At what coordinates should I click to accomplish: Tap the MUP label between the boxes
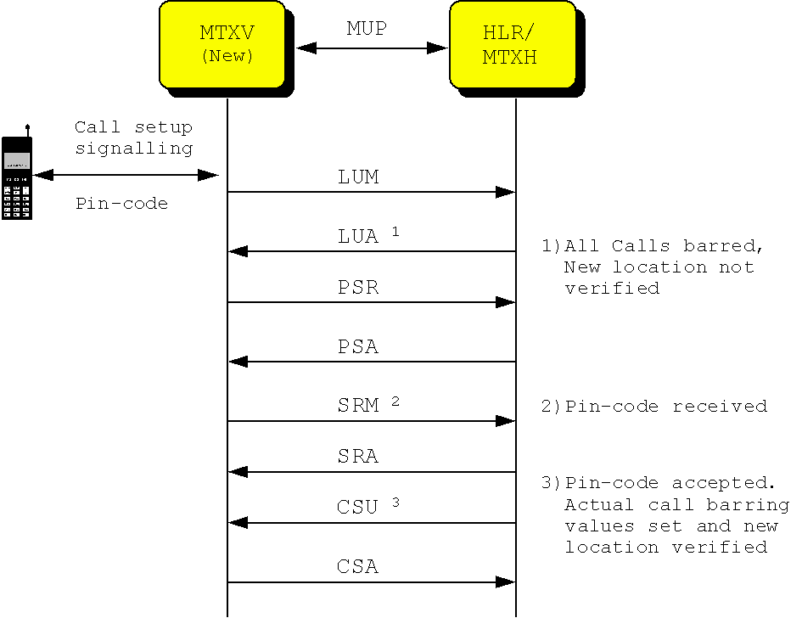pos(367,29)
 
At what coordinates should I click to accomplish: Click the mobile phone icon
pos(17,177)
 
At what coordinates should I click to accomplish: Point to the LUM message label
pos(358,177)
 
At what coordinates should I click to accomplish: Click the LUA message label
pos(358,237)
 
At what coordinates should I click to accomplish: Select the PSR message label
pos(358,288)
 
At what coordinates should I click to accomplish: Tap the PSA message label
pos(358,347)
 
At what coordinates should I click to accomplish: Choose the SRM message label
pos(358,406)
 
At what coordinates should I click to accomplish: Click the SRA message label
pos(358,457)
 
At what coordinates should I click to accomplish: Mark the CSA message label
pos(358,567)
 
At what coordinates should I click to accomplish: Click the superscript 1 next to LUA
pos(395,231)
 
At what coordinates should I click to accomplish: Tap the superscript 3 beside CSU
pos(395,502)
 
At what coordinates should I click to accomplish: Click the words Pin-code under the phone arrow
pos(121,204)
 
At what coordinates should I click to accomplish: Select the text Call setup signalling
pos(133,138)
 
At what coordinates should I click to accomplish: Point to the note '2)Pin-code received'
pos(654,407)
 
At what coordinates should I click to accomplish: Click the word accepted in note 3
pos(724,483)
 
